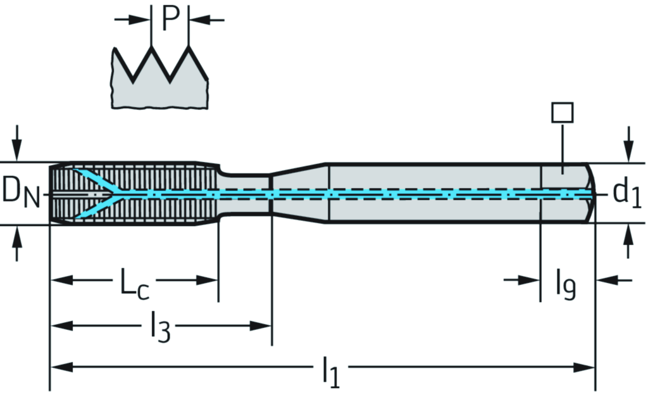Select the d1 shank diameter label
(627, 194)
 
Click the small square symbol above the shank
(562, 113)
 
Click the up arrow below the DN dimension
(18, 244)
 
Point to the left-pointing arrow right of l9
(613, 279)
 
